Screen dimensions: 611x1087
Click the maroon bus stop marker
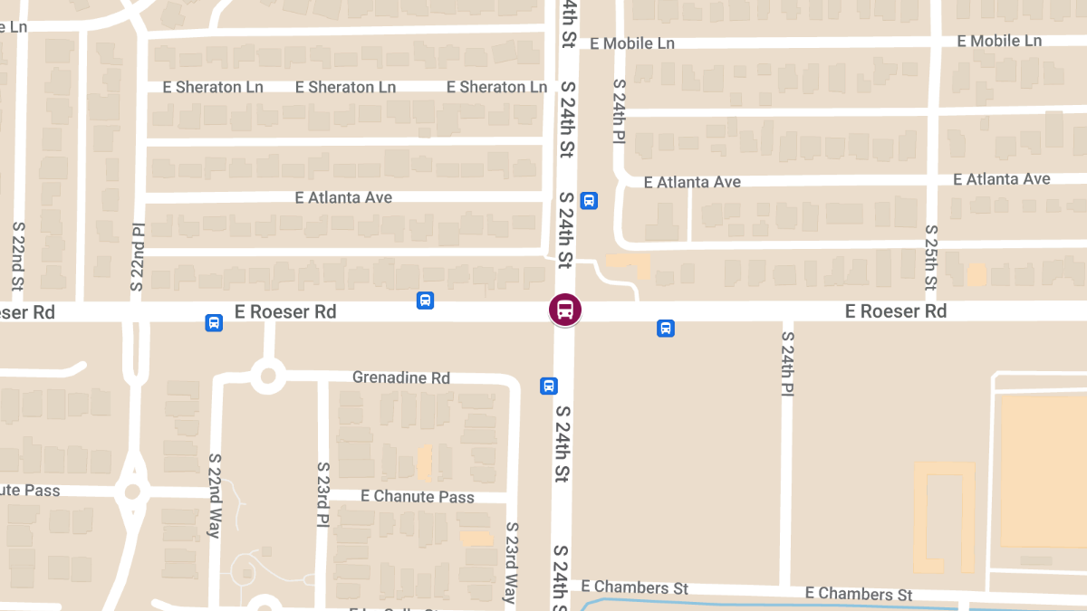click(x=565, y=310)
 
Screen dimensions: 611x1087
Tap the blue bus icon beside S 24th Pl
click(x=589, y=200)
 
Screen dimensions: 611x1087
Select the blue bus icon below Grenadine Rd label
click(x=549, y=387)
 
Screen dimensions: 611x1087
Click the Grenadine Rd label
click(x=401, y=377)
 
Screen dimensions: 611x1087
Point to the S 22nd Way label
click(x=215, y=495)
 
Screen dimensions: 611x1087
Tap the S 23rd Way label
click(x=511, y=562)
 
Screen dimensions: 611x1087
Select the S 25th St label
click(x=931, y=258)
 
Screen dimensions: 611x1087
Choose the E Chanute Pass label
click(x=418, y=496)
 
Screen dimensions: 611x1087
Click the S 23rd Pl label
click(x=322, y=495)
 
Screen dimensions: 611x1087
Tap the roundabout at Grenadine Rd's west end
click(x=268, y=375)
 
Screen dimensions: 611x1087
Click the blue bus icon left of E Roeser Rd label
click(x=214, y=322)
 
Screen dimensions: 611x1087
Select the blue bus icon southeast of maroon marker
click(x=666, y=329)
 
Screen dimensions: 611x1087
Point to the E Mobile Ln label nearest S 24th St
click(x=632, y=43)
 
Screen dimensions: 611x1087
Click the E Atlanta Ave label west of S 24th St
click(x=343, y=197)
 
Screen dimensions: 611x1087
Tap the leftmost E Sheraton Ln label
click(x=213, y=87)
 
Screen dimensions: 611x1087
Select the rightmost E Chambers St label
click(x=859, y=594)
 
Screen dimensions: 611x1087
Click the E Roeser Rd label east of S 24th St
click(x=896, y=311)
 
